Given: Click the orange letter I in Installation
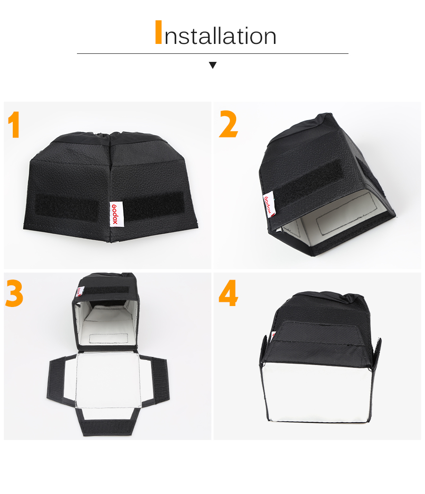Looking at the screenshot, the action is (x=159, y=32).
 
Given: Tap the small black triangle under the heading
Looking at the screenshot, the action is (x=212, y=65).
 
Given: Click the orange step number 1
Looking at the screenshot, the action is (x=14, y=125).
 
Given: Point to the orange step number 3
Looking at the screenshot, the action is (x=14, y=294).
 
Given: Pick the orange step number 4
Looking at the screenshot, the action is (x=229, y=293).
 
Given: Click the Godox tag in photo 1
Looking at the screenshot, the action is (x=116, y=214).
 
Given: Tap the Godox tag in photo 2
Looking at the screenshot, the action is (x=269, y=204).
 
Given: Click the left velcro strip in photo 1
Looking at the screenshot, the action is (x=67, y=207).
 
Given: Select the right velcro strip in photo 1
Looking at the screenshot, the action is (x=153, y=205).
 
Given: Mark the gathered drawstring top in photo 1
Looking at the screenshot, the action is (x=110, y=136).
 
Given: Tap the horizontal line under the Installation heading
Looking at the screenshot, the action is (x=212, y=53).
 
